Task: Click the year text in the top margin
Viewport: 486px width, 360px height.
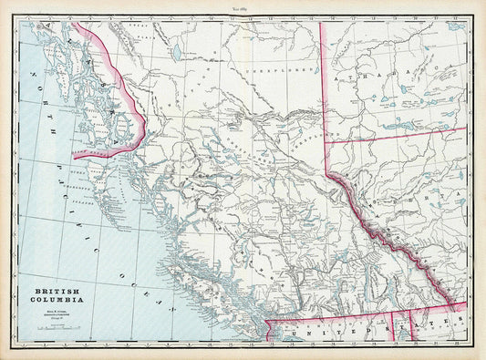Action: click(242, 6)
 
